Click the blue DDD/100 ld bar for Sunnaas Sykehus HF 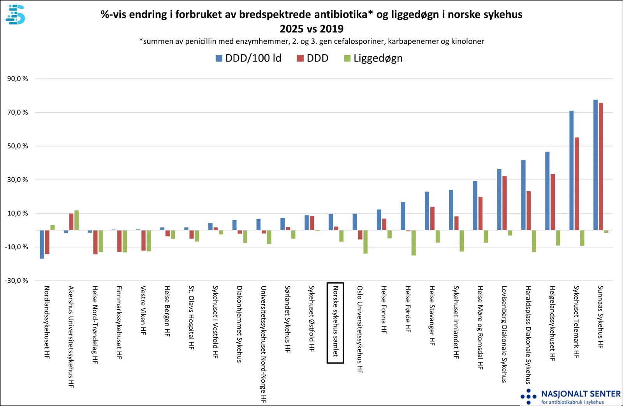[x=595, y=165]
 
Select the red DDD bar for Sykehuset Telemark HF [x=577, y=184]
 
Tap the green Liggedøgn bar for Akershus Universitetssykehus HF [x=77, y=220]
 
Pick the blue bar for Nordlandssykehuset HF [x=42, y=244]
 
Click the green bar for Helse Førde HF [x=414, y=243]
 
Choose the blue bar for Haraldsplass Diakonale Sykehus [x=523, y=195]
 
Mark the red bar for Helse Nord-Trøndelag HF [x=95, y=242]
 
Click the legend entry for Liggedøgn [x=373, y=58]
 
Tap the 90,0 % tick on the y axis [x=18, y=79]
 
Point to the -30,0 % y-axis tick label [x=16, y=281]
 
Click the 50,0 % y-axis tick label [x=18, y=146]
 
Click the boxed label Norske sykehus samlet [x=335, y=323]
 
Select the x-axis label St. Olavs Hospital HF [x=191, y=318]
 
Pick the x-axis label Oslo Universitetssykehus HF [x=360, y=329]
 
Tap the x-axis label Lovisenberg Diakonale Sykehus [x=504, y=334]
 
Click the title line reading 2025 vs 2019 [x=311, y=29]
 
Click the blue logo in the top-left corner [x=15, y=15]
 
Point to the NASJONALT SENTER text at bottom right [x=581, y=394]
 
